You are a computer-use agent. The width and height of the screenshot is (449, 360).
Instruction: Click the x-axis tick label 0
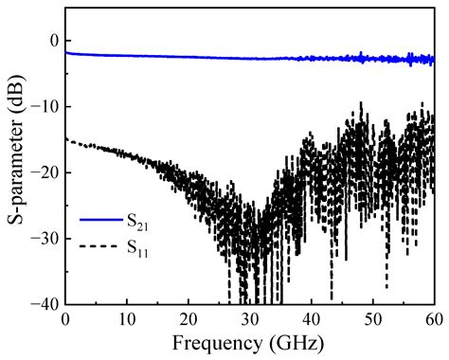65,318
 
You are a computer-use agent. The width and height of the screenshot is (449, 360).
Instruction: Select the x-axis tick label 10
127,318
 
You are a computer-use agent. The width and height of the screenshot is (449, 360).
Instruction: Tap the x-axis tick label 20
189,318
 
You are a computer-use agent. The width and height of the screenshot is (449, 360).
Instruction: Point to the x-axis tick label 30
250,318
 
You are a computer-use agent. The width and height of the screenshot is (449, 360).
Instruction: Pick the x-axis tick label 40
312,318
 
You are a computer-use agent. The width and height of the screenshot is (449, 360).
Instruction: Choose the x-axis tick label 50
373,318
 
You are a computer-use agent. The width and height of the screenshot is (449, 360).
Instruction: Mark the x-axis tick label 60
433,318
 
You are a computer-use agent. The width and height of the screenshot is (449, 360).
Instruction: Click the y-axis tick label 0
53,41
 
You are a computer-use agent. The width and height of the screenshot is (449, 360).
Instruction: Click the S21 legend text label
139,222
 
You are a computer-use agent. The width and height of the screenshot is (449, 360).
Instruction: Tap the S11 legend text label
139,249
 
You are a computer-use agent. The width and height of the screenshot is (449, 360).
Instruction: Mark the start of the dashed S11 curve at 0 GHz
65,139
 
